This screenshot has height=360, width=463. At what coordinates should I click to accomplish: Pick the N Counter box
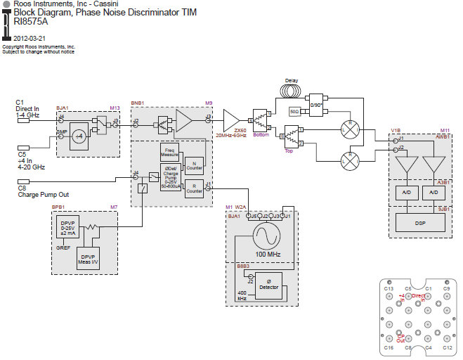point(193,164)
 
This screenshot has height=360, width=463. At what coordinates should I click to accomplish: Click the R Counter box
point(193,188)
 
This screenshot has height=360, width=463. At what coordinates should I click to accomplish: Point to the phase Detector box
point(268,287)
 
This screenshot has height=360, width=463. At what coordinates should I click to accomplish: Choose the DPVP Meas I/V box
point(88,258)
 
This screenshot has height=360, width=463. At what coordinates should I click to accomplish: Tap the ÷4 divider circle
point(80,134)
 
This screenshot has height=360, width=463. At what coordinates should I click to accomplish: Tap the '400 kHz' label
point(242,295)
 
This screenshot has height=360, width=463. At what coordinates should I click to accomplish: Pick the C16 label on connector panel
point(388,348)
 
